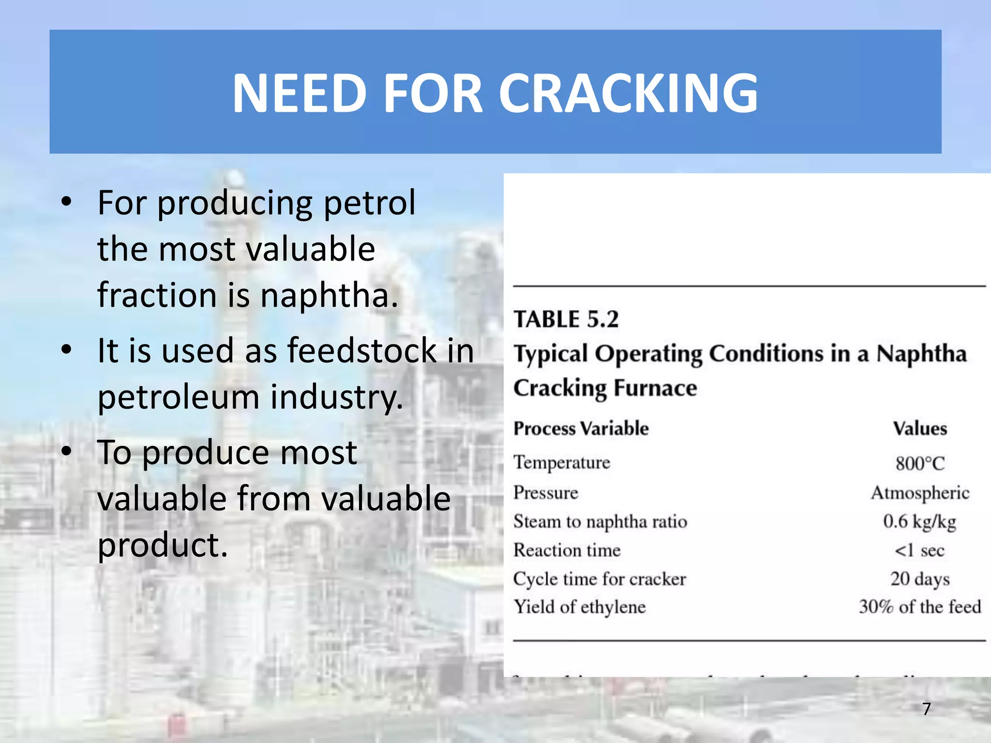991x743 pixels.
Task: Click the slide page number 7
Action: tap(926, 709)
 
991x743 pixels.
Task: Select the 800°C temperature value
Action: tap(920, 463)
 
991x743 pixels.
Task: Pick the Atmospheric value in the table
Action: tap(920, 493)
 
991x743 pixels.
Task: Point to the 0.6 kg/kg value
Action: tap(919, 521)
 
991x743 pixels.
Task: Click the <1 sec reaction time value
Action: tap(919, 550)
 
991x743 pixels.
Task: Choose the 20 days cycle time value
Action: tap(920, 579)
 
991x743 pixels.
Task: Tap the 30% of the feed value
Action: tap(920, 607)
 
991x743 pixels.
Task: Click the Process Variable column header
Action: tap(581, 429)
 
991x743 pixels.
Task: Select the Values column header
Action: tap(920, 429)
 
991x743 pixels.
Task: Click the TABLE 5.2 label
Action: tap(566, 319)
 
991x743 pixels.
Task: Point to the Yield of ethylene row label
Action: tap(580, 607)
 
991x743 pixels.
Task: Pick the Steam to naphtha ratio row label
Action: tap(600, 521)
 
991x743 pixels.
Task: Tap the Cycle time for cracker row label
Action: tap(600, 579)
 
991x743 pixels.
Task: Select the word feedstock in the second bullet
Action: tap(362, 350)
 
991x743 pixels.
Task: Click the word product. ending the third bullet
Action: tap(163, 546)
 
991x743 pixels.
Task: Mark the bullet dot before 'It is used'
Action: tap(67, 349)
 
